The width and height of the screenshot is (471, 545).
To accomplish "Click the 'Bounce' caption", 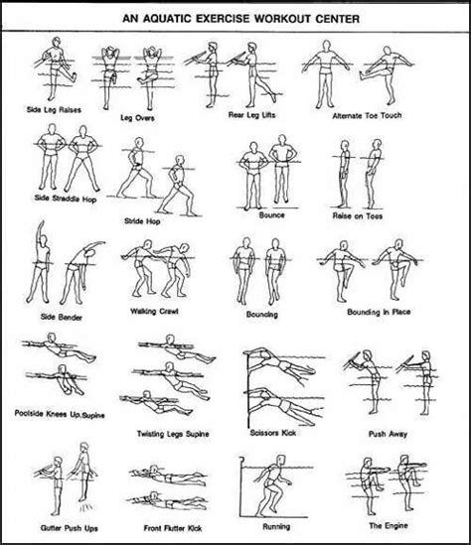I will tap(270, 211).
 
